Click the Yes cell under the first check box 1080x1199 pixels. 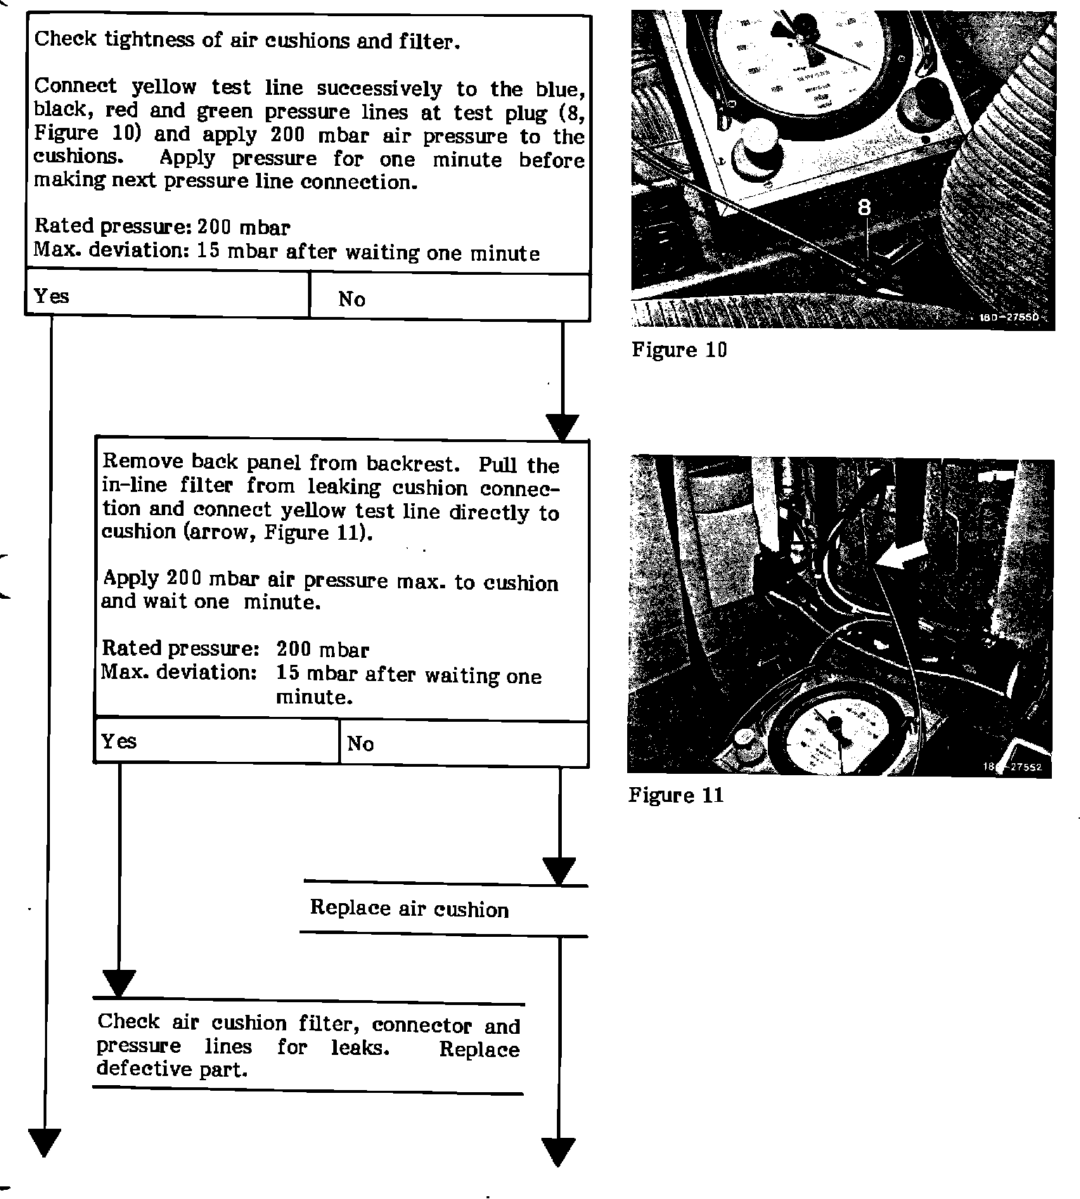pyautogui.click(x=167, y=296)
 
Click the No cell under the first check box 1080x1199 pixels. pyautogui.click(x=449, y=298)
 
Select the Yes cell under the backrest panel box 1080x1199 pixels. pyautogui.click(x=217, y=741)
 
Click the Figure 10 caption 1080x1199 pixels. pyautogui.click(x=679, y=350)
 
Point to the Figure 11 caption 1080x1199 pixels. pyautogui.click(x=676, y=796)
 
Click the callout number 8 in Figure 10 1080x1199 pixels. pyautogui.click(x=864, y=207)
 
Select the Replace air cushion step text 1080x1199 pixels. pyautogui.click(x=409, y=909)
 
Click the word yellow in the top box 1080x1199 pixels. pyautogui.click(x=164, y=87)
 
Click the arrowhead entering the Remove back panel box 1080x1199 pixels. pyautogui.click(x=562, y=427)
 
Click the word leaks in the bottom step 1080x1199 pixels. pyautogui.click(x=360, y=1047)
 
